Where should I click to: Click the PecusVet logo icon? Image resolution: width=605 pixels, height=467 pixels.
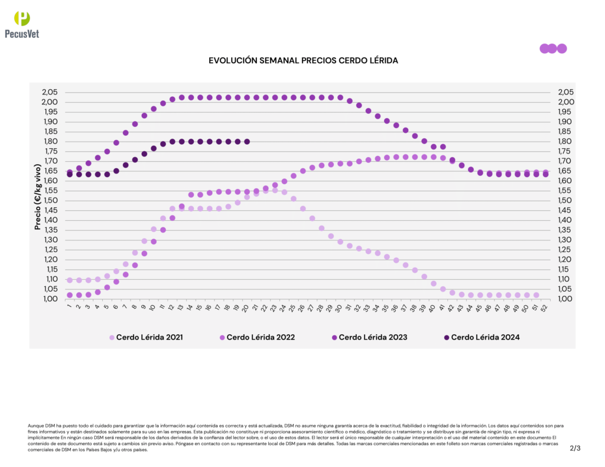pyautogui.click(x=21, y=18)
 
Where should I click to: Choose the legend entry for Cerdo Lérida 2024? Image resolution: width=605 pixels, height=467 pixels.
pyautogui.click(x=481, y=338)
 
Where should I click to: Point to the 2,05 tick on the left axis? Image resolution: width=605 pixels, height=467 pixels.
pyautogui.click(x=50, y=92)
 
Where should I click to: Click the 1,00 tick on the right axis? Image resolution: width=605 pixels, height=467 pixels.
pyautogui.click(x=565, y=299)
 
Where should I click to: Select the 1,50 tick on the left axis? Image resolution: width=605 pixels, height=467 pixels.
pyautogui.click(x=50, y=201)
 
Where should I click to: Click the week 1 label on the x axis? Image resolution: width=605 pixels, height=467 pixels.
pyautogui.click(x=69, y=306)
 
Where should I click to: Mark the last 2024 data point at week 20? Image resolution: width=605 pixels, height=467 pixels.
pyautogui.click(x=247, y=142)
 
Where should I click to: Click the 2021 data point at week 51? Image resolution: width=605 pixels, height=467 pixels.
pyautogui.click(x=536, y=295)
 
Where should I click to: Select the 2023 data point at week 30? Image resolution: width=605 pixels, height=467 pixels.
pyautogui.click(x=340, y=97)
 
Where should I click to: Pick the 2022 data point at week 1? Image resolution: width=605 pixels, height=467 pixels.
pyautogui.click(x=70, y=295)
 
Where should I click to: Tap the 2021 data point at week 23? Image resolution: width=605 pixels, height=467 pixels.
pyautogui.click(x=275, y=190)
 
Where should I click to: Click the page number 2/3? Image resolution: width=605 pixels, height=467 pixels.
pyautogui.click(x=575, y=448)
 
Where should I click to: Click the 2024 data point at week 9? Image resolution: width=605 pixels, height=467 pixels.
pyautogui.click(x=144, y=154)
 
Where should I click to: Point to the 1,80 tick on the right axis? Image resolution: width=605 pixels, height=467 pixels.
pyautogui.click(x=565, y=142)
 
